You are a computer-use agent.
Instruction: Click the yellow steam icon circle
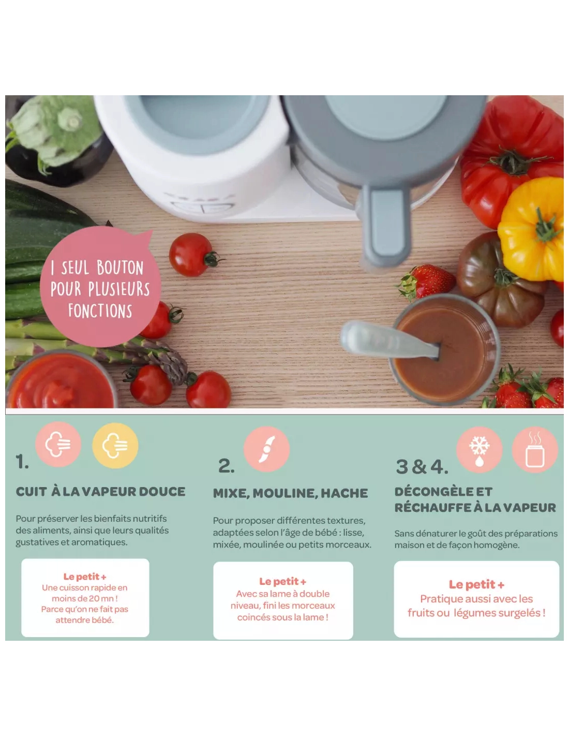(115, 446)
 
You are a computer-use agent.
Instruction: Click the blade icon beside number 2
(267, 449)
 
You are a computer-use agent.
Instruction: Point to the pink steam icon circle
(58, 444)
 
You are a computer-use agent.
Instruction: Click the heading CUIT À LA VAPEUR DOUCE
(100, 492)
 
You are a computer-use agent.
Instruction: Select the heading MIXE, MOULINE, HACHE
(290, 493)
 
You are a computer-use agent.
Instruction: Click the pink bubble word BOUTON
(120, 268)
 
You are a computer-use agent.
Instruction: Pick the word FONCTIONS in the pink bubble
(100, 311)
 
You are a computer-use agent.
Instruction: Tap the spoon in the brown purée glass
(390, 340)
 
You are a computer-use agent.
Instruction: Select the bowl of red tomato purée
(61, 380)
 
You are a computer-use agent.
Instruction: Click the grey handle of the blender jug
(385, 226)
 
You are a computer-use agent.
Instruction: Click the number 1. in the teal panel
(22, 462)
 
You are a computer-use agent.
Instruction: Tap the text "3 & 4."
(422, 467)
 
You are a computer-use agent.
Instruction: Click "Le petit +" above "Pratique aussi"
(476, 584)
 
